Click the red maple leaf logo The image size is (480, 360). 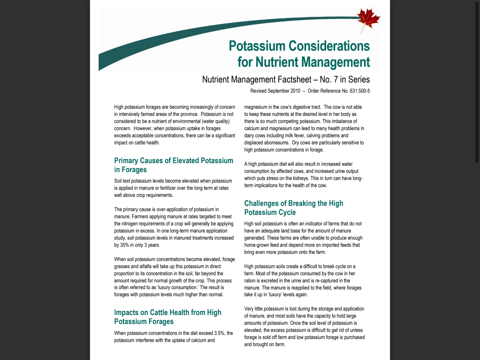pos(368,19)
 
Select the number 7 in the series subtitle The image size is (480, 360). pos(335,79)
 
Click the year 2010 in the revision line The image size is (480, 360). pos(295,91)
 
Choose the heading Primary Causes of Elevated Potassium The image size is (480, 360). pos(174,161)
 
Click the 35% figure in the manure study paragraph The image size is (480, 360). pos(125,245)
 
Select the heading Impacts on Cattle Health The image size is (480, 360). pos(168,313)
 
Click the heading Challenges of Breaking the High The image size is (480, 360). pos(294,204)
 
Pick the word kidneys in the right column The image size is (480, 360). pos(300,178)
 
